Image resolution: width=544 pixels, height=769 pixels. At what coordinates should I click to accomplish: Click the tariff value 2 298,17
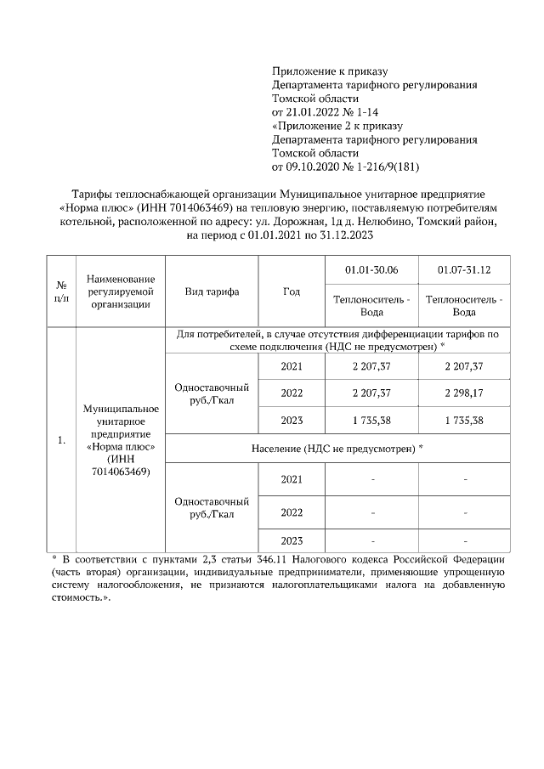click(464, 393)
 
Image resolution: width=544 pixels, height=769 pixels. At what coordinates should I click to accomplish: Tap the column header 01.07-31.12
click(464, 270)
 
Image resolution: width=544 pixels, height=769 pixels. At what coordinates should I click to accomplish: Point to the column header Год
click(291, 291)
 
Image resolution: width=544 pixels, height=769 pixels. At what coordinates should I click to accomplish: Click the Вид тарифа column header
click(211, 291)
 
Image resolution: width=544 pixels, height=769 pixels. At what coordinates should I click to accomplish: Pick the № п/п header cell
click(61, 291)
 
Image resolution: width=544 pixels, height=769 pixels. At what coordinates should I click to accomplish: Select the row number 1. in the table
click(61, 440)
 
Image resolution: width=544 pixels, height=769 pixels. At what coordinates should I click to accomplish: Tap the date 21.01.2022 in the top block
click(309, 112)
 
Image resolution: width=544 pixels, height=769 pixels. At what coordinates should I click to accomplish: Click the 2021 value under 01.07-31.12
click(464, 366)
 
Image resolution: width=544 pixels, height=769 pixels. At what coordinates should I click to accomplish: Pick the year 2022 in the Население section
click(291, 512)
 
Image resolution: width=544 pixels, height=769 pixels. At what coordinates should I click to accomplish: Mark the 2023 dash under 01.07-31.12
click(464, 540)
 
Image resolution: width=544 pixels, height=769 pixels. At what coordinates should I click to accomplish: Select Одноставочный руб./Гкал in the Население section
click(211, 508)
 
